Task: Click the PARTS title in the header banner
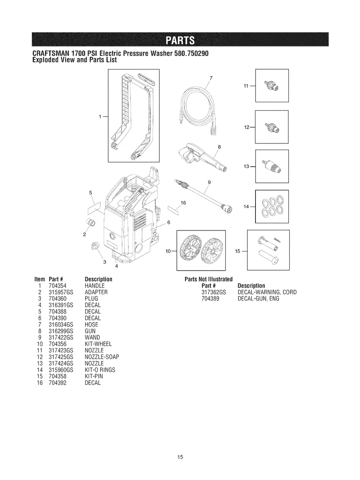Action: [180, 41]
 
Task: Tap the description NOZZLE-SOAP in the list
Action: [102, 357]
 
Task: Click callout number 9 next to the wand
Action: [209, 182]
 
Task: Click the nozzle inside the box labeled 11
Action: [273, 85]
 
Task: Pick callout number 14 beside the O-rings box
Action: [247, 207]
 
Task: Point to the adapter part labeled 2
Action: [91, 222]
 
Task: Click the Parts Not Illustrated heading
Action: [209, 279]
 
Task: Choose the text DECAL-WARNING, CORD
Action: [267, 292]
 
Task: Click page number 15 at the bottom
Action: [180, 457]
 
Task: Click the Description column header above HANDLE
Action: [99, 279]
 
